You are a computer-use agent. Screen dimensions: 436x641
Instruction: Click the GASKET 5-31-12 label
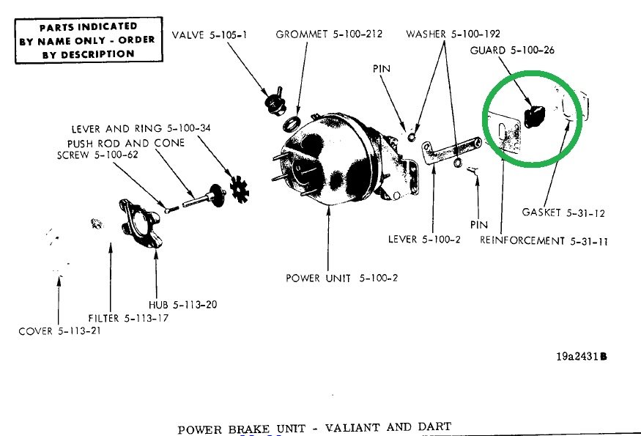(563, 213)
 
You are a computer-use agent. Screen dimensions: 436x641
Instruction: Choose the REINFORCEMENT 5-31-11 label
(544, 240)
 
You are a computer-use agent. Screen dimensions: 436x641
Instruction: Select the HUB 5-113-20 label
(177, 304)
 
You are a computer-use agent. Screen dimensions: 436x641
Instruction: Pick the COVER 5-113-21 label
(59, 331)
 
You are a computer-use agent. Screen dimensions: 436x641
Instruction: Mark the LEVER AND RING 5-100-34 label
(141, 129)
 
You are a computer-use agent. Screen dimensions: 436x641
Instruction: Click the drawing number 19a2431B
(582, 357)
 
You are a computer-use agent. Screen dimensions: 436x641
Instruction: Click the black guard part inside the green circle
(535, 115)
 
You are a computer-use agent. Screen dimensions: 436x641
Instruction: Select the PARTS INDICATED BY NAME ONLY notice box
(86, 41)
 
